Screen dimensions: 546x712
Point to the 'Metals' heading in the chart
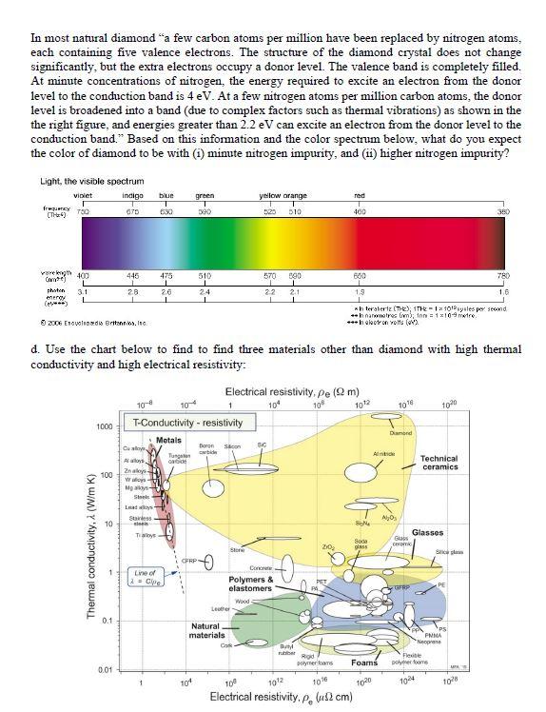point(168,439)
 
